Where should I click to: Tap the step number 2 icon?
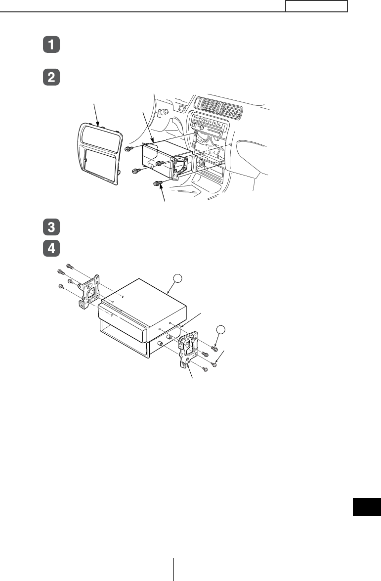click(51, 77)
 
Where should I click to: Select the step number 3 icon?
click(51, 227)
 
